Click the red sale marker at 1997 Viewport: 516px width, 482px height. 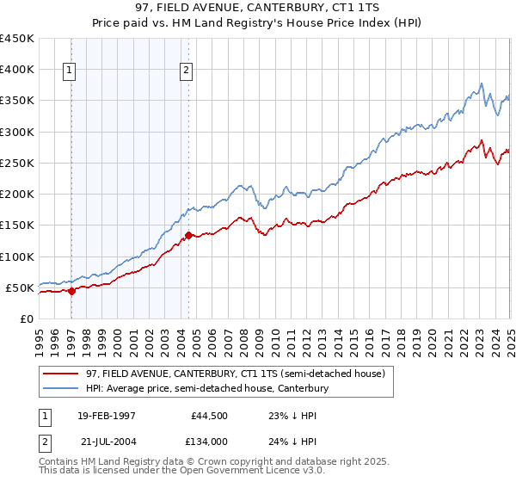point(71,291)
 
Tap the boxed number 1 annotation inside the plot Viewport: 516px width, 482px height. point(69,71)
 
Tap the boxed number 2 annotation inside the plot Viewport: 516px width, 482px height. point(186,71)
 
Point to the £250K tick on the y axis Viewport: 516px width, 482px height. point(17,163)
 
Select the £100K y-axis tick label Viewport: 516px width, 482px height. point(17,256)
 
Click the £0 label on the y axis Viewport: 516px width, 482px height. point(26,318)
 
